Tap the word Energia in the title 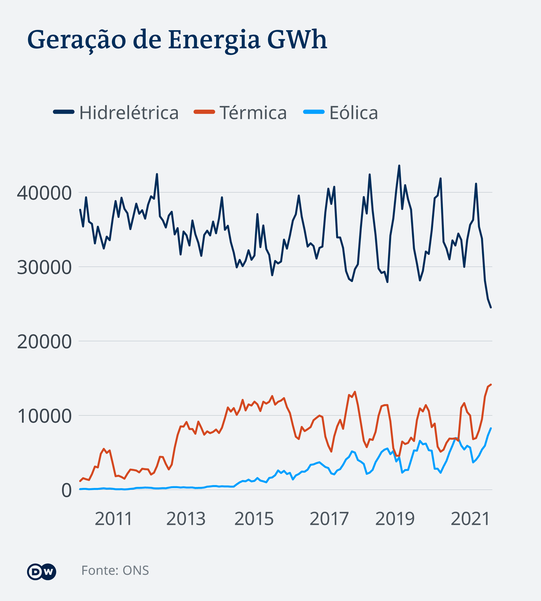214,40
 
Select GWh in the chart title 297,39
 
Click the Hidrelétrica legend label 129,113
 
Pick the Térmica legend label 253,113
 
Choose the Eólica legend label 353,113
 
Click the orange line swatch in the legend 204,112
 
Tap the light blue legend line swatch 314,112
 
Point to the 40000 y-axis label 44,193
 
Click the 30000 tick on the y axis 44,267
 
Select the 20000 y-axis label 44,342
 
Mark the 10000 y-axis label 44,416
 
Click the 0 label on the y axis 66,490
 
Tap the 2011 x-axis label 113,519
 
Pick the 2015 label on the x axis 254,519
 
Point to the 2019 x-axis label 395,519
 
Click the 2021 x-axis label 470,519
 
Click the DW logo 41,572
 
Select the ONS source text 136,570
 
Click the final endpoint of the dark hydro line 491,307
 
